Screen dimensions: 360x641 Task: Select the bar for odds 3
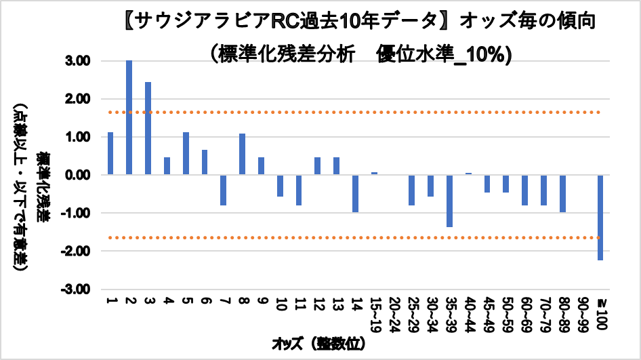point(148,128)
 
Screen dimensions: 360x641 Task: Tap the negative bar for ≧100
point(600,218)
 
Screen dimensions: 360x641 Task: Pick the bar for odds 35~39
point(449,201)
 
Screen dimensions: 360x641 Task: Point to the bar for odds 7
point(223,190)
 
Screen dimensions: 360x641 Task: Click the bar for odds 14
point(355,193)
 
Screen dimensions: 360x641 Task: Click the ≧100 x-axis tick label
point(600,313)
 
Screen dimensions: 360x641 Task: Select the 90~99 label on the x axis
point(581,313)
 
